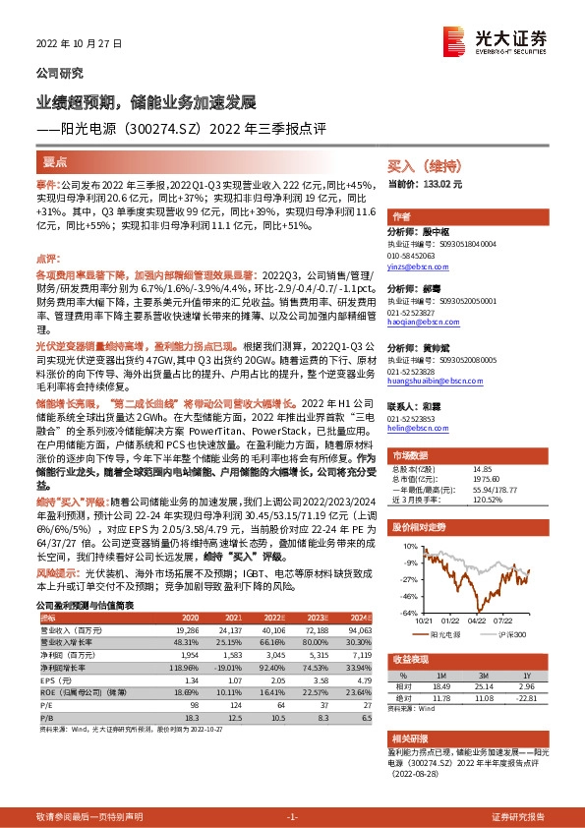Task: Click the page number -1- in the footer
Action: [292, 817]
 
